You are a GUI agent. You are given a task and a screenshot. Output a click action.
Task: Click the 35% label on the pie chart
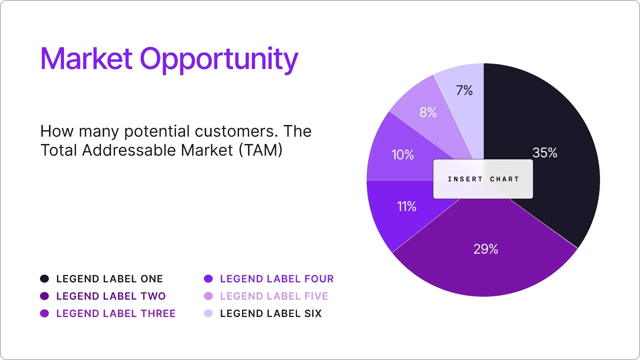pos(545,153)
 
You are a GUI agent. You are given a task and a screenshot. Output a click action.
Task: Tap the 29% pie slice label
pos(486,249)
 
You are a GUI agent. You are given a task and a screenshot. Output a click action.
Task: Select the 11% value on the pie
pos(406,206)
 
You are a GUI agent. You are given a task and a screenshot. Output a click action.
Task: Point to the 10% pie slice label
pos(403,155)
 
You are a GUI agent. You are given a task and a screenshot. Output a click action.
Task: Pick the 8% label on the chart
pos(428,112)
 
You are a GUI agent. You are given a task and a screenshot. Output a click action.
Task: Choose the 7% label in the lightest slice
pos(464,90)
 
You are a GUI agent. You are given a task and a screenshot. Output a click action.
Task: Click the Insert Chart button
pos(483,179)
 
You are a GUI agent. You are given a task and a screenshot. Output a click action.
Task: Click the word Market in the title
pos(86,59)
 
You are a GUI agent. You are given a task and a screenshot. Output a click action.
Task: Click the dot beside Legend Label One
pos(44,279)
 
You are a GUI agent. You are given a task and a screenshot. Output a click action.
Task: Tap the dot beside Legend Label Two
pos(44,296)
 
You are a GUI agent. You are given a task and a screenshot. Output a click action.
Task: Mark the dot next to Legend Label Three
pos(44,313)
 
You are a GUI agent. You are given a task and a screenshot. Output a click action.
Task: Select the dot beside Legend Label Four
pos(208,279)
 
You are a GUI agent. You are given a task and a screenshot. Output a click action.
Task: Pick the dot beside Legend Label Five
pos(208,296)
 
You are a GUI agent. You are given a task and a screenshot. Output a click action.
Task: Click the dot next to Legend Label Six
pos(208,313)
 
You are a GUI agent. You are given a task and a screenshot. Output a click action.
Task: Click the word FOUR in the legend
pos(319,279)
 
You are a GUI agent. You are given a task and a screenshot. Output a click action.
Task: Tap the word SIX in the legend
pos(313,313)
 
